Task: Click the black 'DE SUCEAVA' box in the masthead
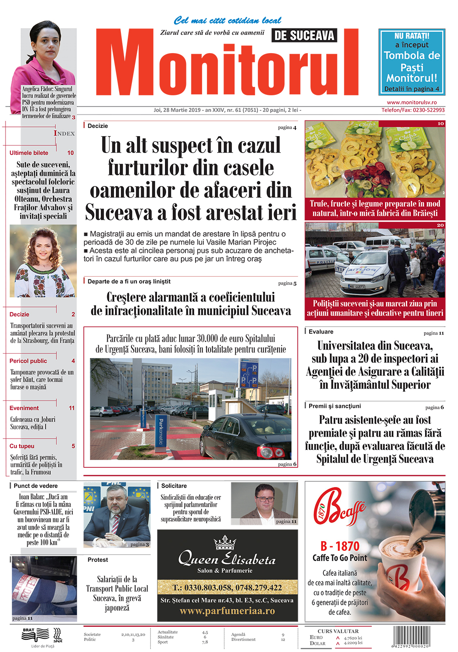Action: [304, 35]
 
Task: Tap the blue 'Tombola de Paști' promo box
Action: [411, 62]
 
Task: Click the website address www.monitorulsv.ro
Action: [411, 103]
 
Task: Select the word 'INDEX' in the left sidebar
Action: [64, 133]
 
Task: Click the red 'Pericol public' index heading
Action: [28, 361]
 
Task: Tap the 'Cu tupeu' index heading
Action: [22, 446]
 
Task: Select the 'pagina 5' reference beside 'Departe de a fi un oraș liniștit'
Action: [287, 283]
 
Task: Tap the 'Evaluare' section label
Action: [321, 332]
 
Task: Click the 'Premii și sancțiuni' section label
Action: [334, 406]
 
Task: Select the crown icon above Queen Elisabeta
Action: [225, 542]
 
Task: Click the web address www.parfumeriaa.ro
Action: [227, 611]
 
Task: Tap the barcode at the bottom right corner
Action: [411, 636]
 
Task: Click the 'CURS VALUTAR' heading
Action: [338, 631]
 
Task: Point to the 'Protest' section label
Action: [98, 559]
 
